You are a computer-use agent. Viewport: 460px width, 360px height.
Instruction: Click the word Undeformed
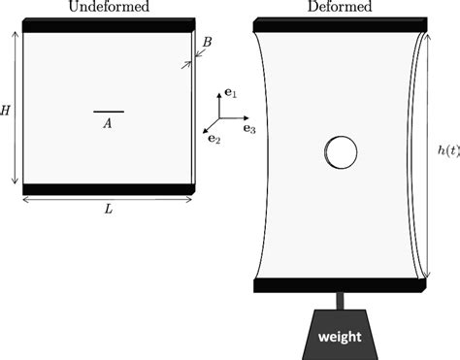tap(108, 8)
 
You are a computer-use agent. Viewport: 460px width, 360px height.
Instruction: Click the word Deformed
tap(341, 8)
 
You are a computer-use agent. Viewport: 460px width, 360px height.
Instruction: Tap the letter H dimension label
tap(6, 111)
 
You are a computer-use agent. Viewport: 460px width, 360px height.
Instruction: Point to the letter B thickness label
tap(207, 42)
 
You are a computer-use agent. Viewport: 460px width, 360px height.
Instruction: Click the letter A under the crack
tap(108, 123)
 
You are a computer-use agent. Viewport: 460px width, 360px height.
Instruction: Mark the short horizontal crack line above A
tap(108, 112)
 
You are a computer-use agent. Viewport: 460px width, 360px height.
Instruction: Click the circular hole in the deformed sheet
tap(340, 152)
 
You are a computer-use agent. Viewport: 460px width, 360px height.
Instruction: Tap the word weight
tap(340, 337)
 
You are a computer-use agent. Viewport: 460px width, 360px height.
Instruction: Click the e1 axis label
tap(231, 94)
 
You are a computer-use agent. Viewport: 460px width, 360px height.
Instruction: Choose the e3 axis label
tap(249, 128)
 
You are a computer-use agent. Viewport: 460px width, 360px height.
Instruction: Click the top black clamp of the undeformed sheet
tap(108, 26)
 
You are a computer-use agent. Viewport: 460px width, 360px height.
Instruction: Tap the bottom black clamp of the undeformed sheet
tap(108, 188)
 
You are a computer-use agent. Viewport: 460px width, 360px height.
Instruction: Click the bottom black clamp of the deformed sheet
tap(340, 285)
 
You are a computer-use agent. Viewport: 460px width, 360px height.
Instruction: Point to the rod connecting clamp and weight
tap(340, 300)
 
